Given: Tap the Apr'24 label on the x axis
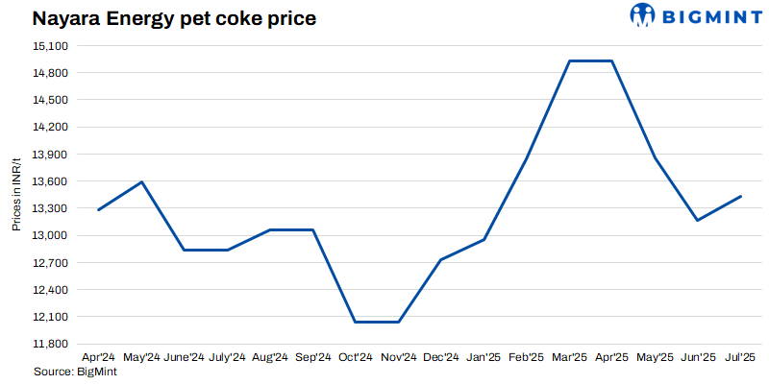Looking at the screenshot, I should (98, 357).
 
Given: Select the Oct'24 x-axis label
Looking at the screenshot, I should (356, 357).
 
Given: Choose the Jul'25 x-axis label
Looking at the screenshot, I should (739, 357).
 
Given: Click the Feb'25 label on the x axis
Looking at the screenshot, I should (526, 357).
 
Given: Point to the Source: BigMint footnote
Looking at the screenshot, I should (68, 371).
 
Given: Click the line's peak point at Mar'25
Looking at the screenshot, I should (569, 61).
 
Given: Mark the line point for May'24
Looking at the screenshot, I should (142, 181).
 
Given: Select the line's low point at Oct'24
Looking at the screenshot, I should (356, 322).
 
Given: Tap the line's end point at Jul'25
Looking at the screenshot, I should (740, 196).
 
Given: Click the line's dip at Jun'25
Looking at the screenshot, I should (697, 221).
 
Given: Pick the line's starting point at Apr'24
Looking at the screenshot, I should (99, 209).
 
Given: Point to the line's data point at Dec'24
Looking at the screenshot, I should (440, 259).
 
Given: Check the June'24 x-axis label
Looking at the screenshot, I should (184, 357).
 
